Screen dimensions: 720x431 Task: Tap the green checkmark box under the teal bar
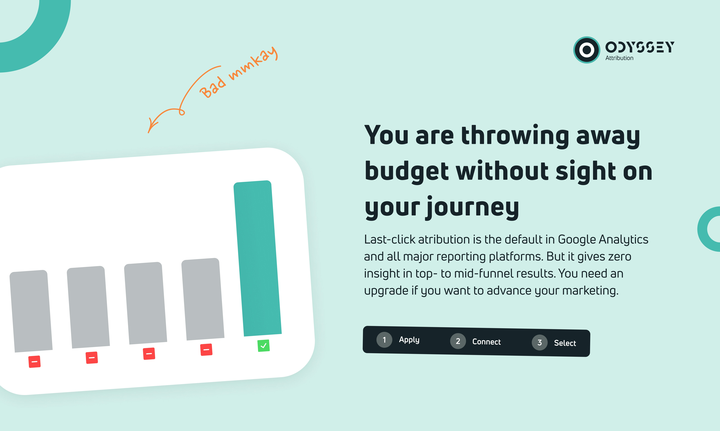pyautogui.click(x=264, y=346)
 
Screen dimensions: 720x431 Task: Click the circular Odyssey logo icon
pyautogui.click(x=586, y=50)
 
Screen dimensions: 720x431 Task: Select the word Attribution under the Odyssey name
pyautogui.click(x=619, y=58)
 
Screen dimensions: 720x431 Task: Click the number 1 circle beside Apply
pyautogui.click(x=384, y=340)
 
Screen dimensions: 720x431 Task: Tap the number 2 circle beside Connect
pyautogui.click(x=458, y=341)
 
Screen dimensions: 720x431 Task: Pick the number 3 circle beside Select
pyautogui.click(x=539, y=343)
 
